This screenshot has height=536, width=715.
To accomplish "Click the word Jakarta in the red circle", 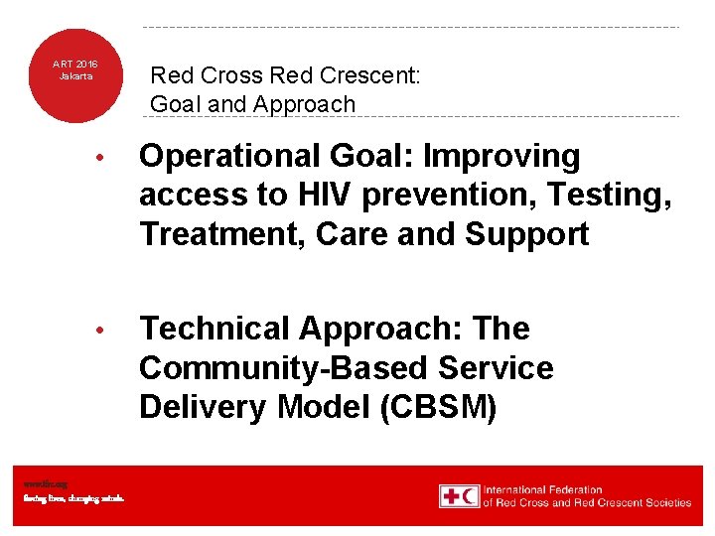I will [x=74, y=75].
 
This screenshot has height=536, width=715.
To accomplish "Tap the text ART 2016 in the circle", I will [x=74, y=64].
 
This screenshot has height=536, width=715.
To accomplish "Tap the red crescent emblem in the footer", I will [x=470, y=496].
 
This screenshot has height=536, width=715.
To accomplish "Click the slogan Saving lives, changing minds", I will [x=73, y=498].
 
